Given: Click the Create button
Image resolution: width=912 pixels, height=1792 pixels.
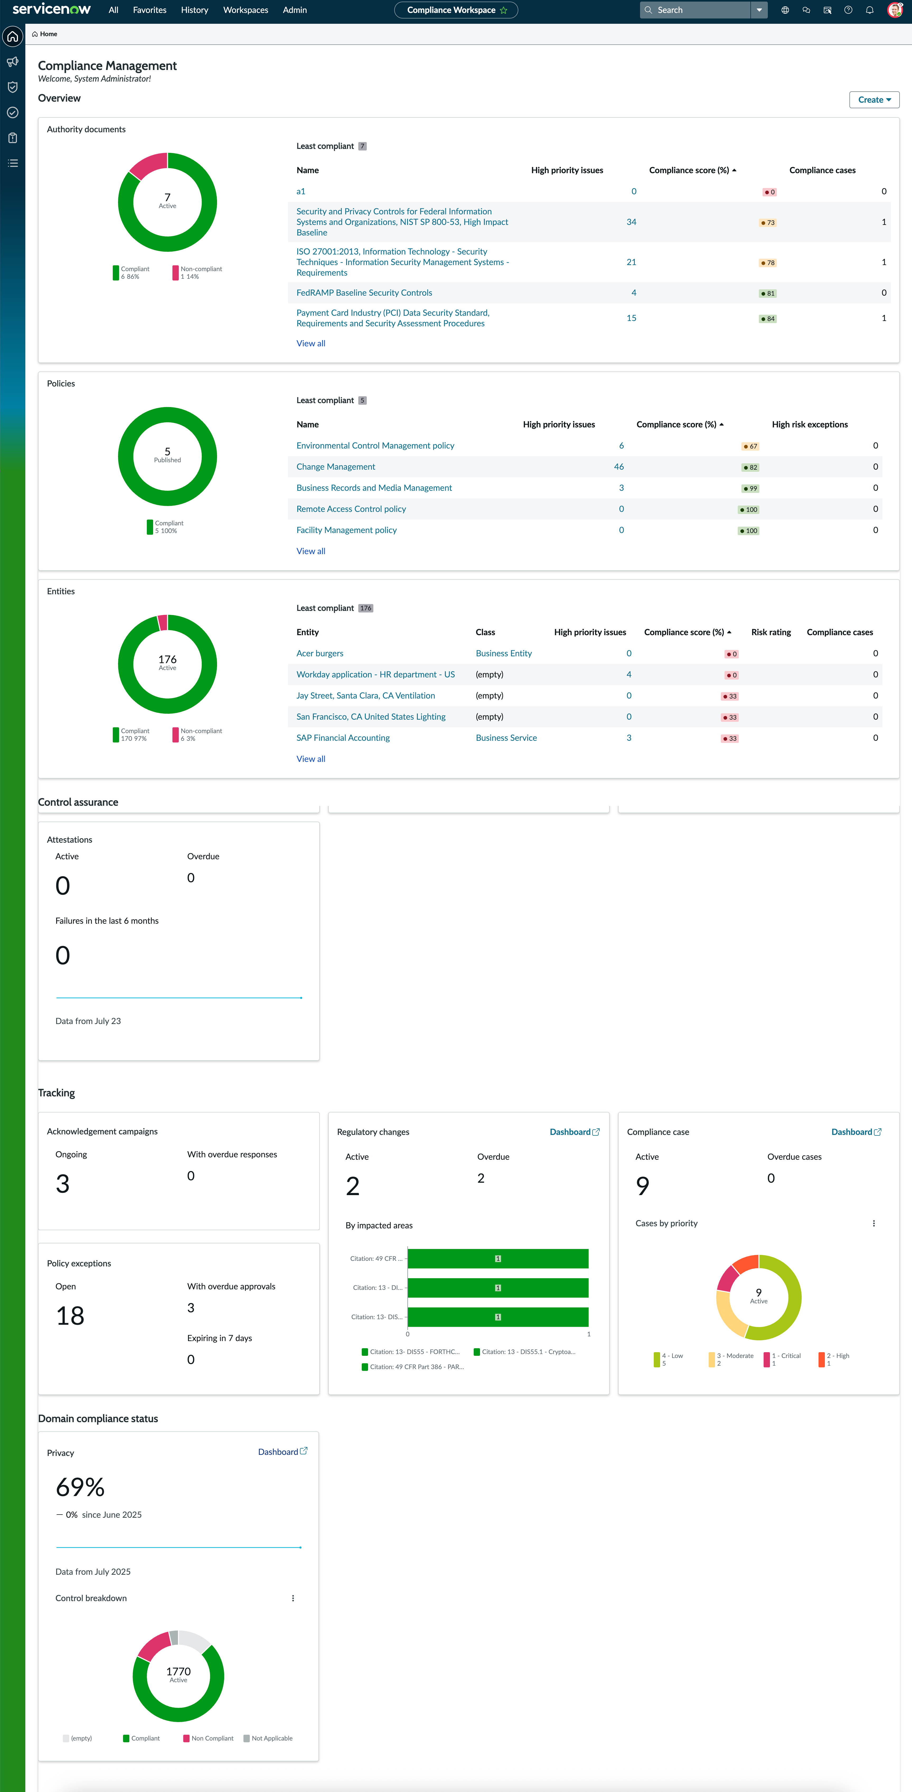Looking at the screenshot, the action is click(x=874, y=100).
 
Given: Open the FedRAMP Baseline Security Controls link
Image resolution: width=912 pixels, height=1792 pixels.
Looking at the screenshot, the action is click(x=364, y=293).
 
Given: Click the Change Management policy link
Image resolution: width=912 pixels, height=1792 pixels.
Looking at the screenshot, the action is click(x=335, y=467).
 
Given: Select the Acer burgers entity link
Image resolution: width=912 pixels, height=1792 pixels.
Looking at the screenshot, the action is click(x=319, y=653).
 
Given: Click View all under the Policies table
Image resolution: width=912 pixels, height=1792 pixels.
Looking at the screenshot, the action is click(x=311, y=551).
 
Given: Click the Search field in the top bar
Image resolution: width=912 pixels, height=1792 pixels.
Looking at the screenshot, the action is click(x=696, y=10).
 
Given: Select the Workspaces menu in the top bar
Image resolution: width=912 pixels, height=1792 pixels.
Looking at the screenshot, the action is click(x=246, y=10).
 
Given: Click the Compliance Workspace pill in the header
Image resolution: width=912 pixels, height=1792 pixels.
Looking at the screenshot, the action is click(x=456, y=10).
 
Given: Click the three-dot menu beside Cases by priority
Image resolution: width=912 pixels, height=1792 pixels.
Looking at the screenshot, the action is click(x=874, y=1223).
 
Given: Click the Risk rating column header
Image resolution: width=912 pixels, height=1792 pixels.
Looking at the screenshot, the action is click(x=771, y=632).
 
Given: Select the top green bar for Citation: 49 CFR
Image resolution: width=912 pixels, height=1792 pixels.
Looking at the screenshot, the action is click(x=498, y=1258).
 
